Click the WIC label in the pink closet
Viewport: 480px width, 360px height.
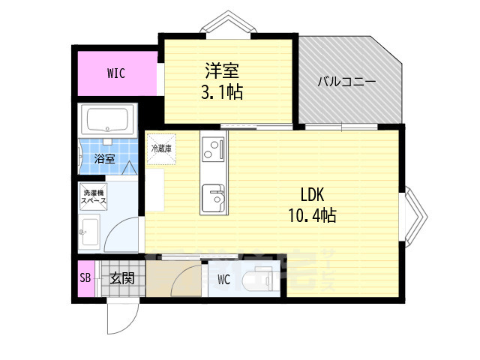[x=115, y=73]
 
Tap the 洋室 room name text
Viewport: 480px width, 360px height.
[x=222, y=72]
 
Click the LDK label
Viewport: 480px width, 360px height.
[x=311, y=195]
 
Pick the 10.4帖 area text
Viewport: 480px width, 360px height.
[x=311, y=216]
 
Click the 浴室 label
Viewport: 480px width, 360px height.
[x=103, y=158]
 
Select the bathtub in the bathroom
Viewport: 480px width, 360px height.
[x=109, y=119]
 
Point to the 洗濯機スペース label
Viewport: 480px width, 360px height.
[x=94, y=198]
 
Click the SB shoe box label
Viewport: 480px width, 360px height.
[x=85, y=279]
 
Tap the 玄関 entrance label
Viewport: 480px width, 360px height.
[x=121, y=279]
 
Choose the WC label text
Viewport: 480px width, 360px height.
[x=223, y=280]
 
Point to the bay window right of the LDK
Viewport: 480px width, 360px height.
[x=416, y=216]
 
